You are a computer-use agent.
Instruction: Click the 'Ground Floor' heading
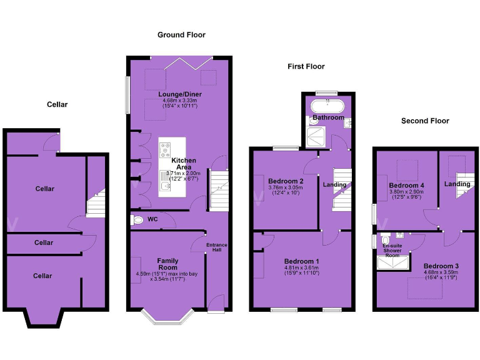point(181,35)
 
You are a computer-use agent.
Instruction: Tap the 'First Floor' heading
point(306,66)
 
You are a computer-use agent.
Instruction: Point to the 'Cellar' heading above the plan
point(57,104)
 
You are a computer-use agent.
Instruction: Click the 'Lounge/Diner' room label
point(179,94)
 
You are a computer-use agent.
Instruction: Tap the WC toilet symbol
point(137,220)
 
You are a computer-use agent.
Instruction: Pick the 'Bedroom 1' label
point(301,261)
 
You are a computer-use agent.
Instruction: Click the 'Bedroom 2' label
point(286,181)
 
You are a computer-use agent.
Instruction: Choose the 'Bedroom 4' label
point(406,186)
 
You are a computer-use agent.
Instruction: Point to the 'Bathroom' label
point(328,117)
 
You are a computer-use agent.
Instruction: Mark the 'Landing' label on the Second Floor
point(457,184)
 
